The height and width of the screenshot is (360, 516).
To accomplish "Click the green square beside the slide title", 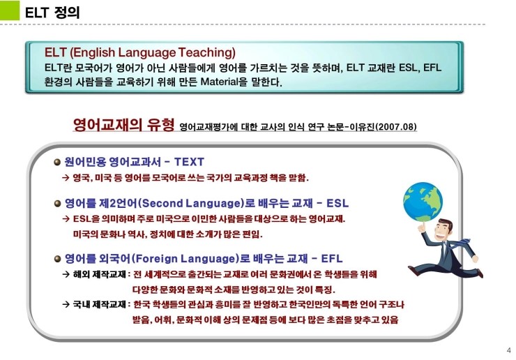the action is (x=10, y=10).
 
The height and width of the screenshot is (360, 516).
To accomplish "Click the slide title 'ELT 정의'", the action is (x=52, y=13).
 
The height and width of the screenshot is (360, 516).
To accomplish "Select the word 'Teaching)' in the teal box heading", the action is (x=207, y=52).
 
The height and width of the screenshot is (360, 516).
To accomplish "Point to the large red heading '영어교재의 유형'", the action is (x=123, y=124).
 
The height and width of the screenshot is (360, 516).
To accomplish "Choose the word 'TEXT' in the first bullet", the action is (x=189, y=162).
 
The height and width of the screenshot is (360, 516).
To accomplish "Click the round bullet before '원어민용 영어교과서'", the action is (x=57, y=162).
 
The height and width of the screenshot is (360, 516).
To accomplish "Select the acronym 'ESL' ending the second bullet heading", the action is (x=337, y=203).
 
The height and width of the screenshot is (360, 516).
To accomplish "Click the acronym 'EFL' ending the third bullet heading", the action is (x=332, y=259).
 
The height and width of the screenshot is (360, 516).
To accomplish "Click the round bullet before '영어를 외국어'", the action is (x=57, y=259).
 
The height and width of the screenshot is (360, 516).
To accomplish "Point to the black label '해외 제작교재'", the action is (x=100, y=274).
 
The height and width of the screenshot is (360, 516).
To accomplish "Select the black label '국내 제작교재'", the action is (x=100, y=304).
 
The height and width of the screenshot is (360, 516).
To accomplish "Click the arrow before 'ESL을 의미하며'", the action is (x=66, y=218).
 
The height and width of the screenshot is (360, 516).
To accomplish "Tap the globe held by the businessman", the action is (x=423, y=202).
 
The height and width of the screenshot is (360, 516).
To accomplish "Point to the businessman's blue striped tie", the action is (x=460, y=243).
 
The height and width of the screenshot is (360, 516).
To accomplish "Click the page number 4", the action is (x=509, y=350).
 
